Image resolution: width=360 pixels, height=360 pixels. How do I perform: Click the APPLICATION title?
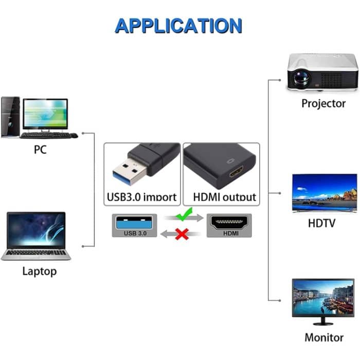click(178, 25)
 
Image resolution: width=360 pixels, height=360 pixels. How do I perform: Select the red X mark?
click(182, 235)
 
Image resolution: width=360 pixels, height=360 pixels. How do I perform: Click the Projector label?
click(323, 103)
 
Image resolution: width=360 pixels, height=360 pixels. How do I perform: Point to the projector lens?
click(300, 77)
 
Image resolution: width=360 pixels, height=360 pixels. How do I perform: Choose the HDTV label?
click(321, 223)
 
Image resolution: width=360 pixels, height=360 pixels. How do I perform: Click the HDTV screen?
click(324, 192)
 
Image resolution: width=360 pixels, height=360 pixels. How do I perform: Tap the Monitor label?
click(323, 338)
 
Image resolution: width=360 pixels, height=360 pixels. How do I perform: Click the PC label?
click(41, 150)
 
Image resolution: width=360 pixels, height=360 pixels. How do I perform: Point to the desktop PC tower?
click(10, 117)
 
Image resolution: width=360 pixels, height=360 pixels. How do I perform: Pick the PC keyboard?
click(45, 135)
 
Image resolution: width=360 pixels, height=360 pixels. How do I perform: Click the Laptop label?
click(40, 271)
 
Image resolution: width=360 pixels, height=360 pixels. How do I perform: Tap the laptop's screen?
click(36, 229)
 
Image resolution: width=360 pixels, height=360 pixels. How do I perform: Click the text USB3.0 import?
click(141, 197)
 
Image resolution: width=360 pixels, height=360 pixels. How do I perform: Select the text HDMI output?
click(224, 197)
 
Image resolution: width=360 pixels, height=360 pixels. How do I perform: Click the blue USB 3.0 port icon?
click(135, 223)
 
